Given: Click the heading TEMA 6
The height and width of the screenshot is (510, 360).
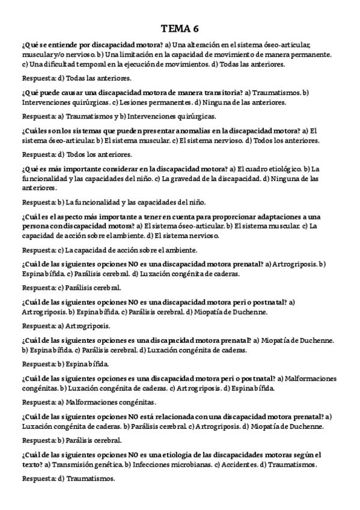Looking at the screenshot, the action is [x=180, y=29].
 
